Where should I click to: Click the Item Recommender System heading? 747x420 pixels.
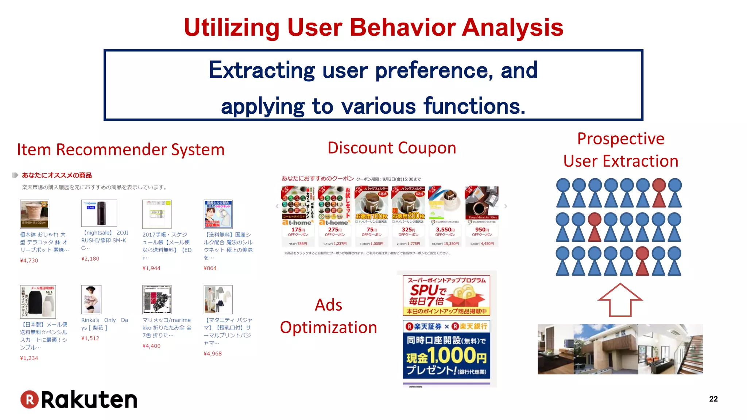tap(121, 150)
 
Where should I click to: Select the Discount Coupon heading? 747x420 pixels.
tap(392, 148)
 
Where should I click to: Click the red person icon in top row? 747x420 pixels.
tap(659, 192)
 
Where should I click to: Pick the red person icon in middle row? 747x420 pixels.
tap(595, 227)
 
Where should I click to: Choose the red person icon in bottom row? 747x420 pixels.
tap(642, 261)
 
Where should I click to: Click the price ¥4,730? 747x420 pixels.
tap(29, 260)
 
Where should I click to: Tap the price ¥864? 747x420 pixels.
tap(210, 268)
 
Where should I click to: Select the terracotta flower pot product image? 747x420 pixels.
tap(34, 214)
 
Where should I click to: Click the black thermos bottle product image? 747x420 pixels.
tap(99, 213)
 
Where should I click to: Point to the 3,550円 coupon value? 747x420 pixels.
tap(445, 230)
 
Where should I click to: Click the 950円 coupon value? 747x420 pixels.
tap(482, 230)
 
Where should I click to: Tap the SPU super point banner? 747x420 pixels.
tap(446, 295)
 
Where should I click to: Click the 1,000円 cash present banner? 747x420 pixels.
tap(446, 349)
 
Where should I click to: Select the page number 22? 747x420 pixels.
tap(713, 399)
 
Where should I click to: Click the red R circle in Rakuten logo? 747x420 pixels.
tap(30, 400)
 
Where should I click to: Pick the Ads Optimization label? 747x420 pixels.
tap(328, 316)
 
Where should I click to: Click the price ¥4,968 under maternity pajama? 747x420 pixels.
tap(213, 353)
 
